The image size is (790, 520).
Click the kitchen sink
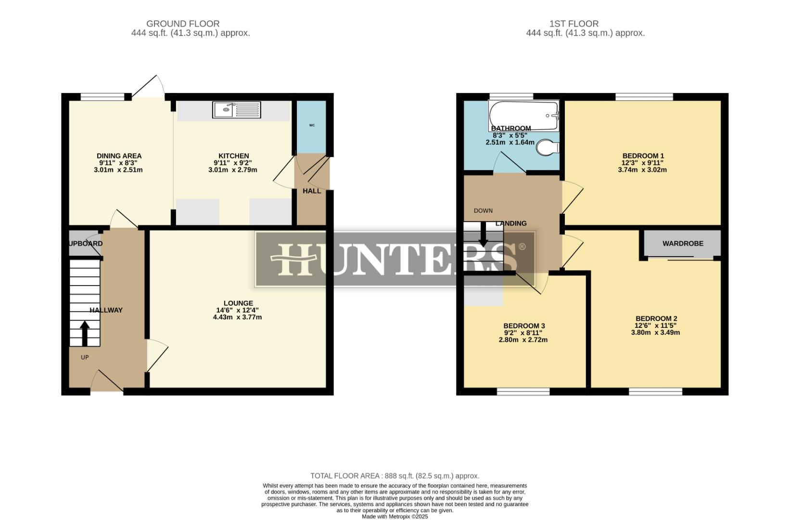point(236,110)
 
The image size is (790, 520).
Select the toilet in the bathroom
point(547,148)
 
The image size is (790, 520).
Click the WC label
point(312,125)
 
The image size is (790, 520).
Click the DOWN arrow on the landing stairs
point(484,236)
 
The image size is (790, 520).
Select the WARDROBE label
point(683,244)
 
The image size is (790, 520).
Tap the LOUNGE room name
point(238,303)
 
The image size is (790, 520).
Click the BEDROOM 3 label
point(524,326)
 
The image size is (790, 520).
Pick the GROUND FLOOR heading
point(183,24)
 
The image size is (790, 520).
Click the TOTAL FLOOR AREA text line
point(395,476)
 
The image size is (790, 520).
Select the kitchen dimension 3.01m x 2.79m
point(233,170)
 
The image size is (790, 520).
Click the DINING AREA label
point(119,156)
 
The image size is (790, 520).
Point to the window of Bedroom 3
point(523,392)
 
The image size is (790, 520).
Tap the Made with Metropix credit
point(395,517)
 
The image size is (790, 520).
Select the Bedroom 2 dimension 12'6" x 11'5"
point(656,325)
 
